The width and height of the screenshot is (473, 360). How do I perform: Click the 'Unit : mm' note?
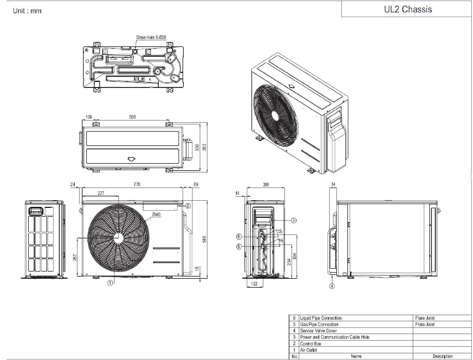pos(27,11)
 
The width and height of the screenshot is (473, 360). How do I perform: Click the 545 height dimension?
pos(204,238)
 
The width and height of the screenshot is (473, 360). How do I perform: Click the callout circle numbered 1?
pos(110,283)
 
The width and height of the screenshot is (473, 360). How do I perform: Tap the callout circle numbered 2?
pos(188,205)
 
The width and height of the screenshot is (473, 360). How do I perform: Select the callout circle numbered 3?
pos(294,220)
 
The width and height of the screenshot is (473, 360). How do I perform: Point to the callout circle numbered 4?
pos(332,286)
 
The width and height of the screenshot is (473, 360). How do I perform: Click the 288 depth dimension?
pos(266,185)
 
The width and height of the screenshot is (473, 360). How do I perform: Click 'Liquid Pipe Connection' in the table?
pos(321,318)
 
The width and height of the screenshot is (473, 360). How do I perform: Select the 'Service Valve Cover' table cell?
pos(318,331)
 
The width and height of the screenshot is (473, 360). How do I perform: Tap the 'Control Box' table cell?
pos(310,343)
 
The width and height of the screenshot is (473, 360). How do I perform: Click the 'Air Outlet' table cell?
pos(308,350)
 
